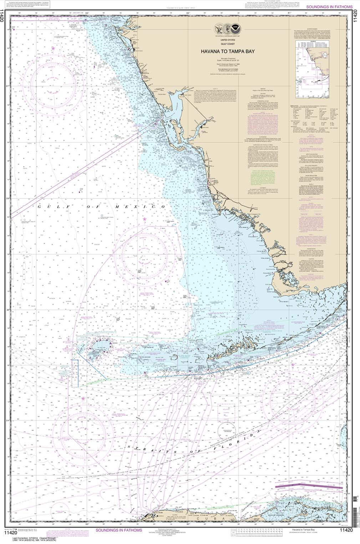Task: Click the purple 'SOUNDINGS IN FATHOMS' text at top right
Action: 324,7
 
